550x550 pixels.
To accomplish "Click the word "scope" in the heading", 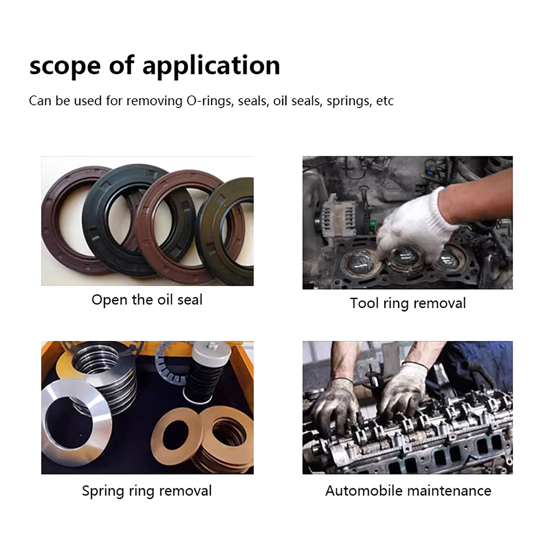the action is [x=65, y=66].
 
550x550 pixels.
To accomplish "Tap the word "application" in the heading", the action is [x=211, y=66].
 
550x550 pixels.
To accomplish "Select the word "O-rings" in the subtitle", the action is [x=210, y=101].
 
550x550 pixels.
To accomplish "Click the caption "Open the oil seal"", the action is [x=147, y=300].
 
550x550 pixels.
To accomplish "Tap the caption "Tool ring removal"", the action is [x=408, y=304].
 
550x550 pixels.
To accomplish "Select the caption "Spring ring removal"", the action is [x=147, y=491].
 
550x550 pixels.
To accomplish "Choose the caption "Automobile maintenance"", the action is [x=408, y=491].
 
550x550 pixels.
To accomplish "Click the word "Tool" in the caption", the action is [x=364, y=304].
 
